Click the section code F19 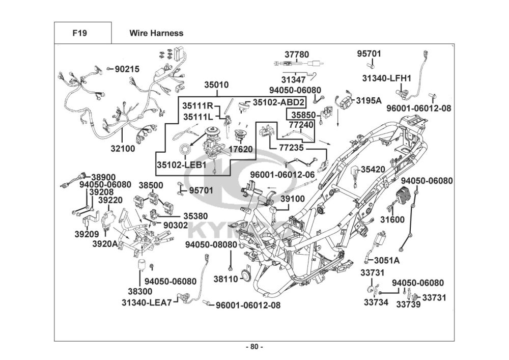[79, 33]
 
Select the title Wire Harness [156, 33]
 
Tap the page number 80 [254, 347]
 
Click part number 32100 [123, 149]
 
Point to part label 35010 [216, 85]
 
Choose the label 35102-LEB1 [181, 165]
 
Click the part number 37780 [296, 54]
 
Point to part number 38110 [225, 279]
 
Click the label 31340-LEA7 [147, 301]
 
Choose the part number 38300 [139, 291]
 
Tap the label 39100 [292, 198]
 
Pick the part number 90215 [127, 69]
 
